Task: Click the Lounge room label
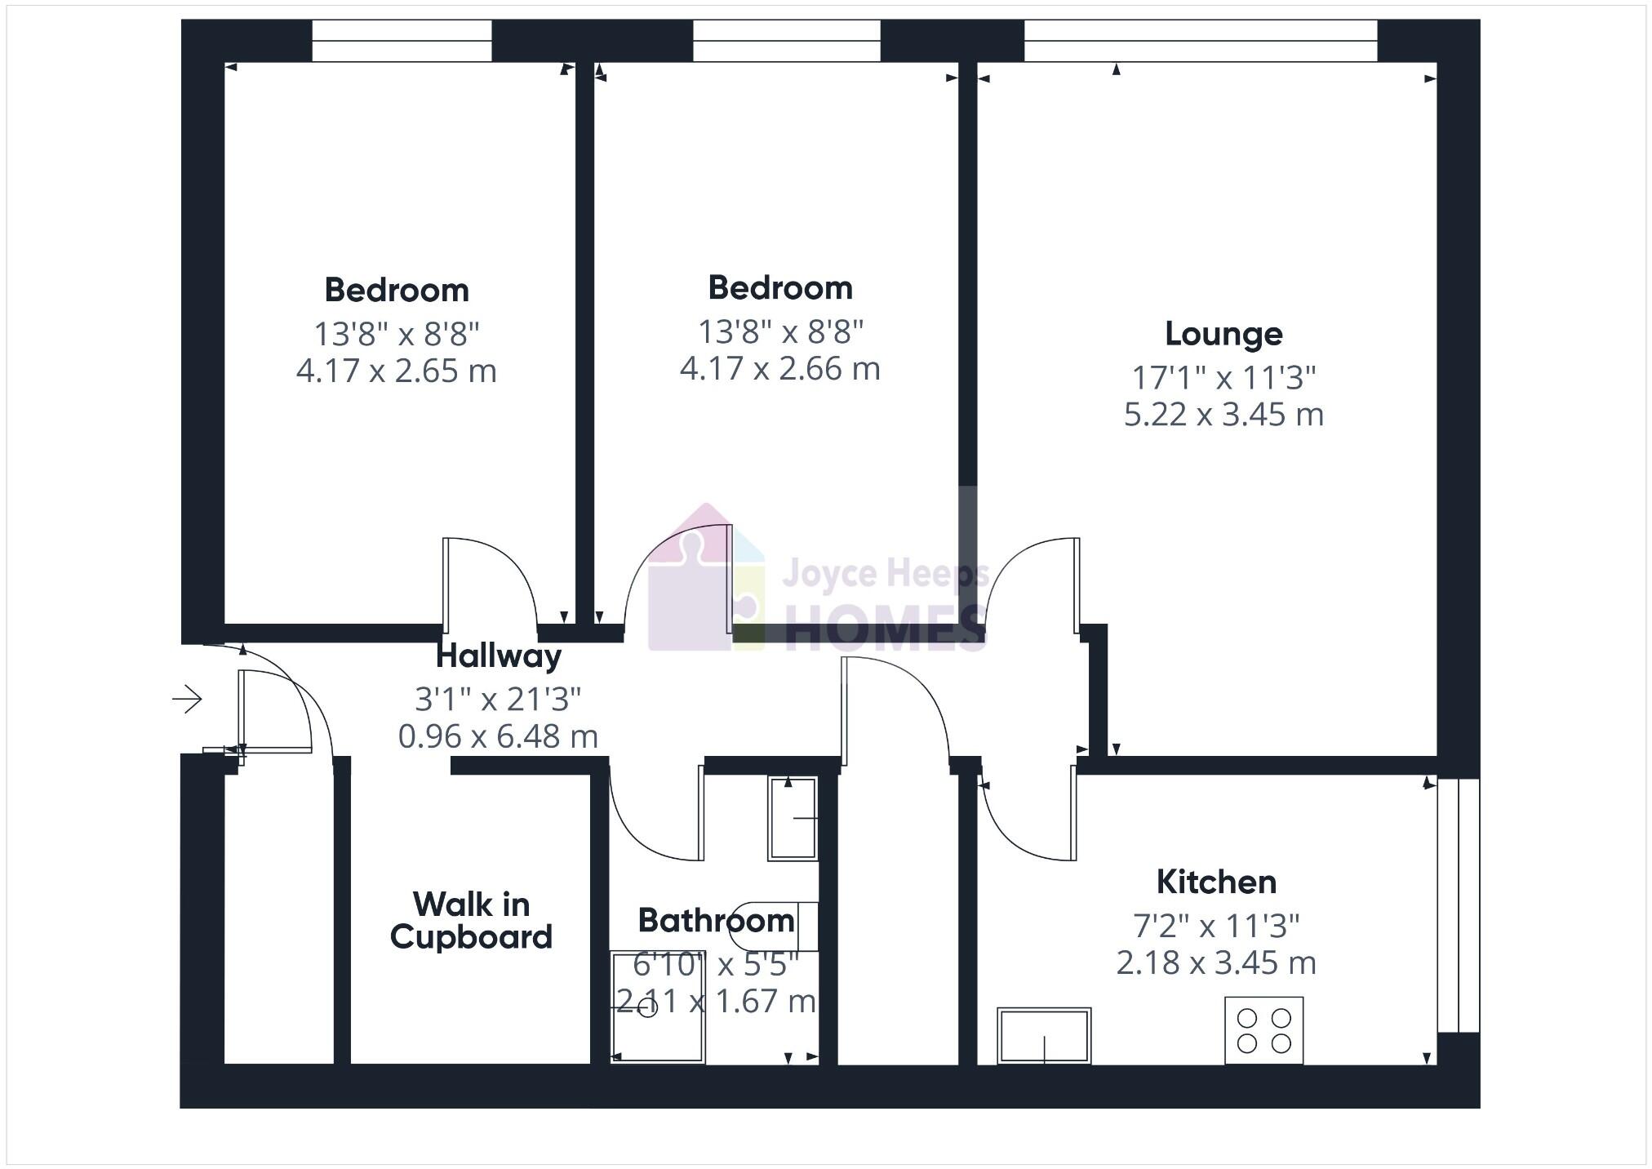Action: pyautogui.click(x=1223, y=334)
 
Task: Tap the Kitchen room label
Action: pyautogui.click(x=1216, y=882)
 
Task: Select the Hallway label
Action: pyautogui.click(x=498, y=656)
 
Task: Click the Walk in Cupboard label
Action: pyautogui.click(x=471, y=920)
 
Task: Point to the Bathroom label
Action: pyautogui.click(x=716, y=921)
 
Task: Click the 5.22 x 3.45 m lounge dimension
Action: pyautogui.click(x=1223, y=415)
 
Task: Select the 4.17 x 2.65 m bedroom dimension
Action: pyautogui.click(x=396, y=371)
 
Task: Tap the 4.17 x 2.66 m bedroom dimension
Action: pyautogui.click(x=779, y=369)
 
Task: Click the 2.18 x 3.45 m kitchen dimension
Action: pyautogui.click(x=1216, y=963)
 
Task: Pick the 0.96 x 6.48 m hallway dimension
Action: pyautogui.click(x=498, y=736)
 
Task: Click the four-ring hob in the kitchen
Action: pyautogui.click(x=1263, y=1030)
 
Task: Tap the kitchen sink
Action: pyautogui.click(x=1044, y=1035)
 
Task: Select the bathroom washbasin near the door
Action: pyautogui.click(x=793, y=818)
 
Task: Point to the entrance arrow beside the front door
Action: pyautogui.click(x=188, y=699)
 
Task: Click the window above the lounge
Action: pyautogui.click(x=1200, y=40)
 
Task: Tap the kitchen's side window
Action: pyautogui.click(x=1458, y=905)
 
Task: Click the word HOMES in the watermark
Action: pyautogui.click(x=886, y=629)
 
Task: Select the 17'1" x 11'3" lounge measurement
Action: pyautogui.click(x=1223, y=378)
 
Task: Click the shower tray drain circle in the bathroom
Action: pyautogui.click(x=647, y=1009)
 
